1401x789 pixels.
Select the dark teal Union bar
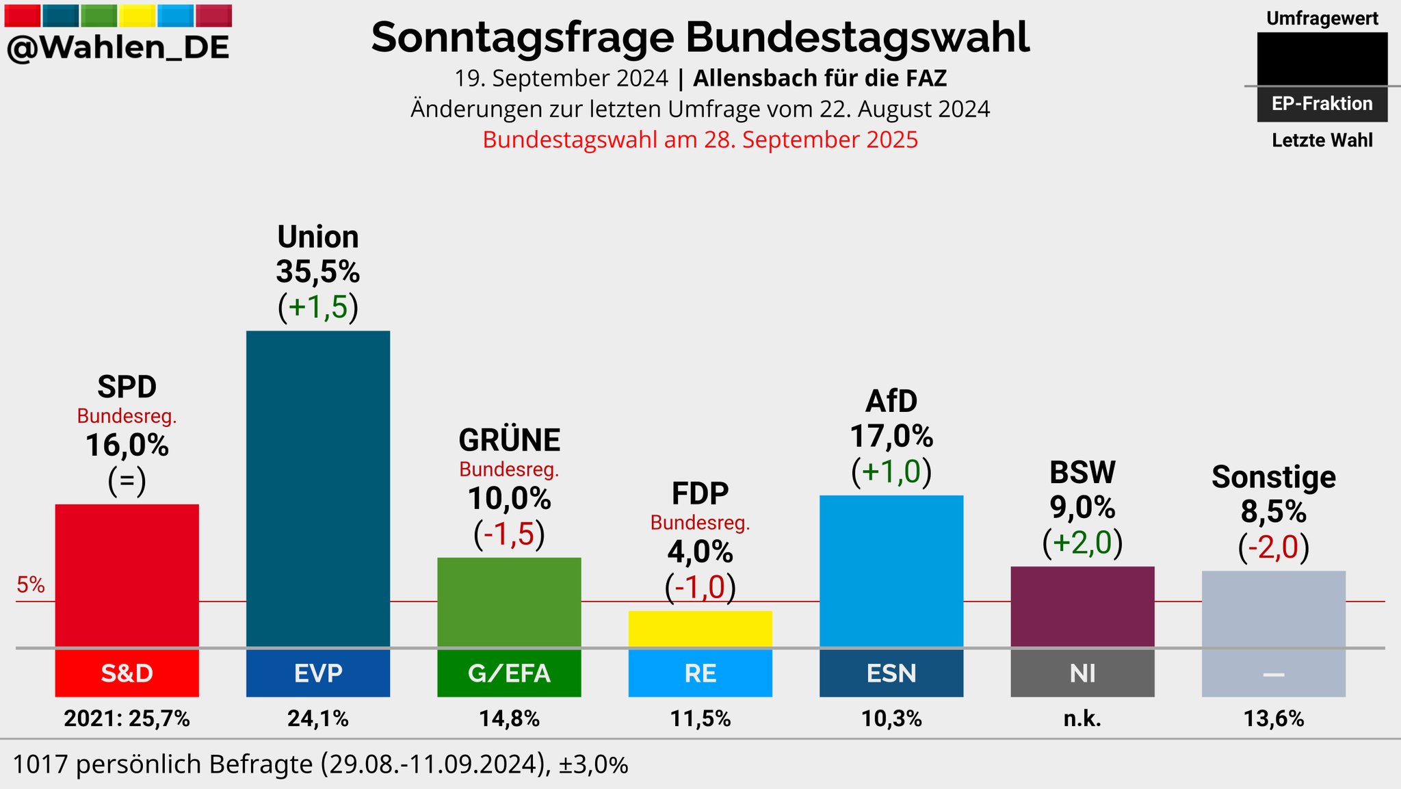point(318,489)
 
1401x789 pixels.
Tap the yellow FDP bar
point(700,628)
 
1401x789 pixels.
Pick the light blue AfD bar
point(891,571)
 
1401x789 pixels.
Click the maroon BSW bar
point(1082,606)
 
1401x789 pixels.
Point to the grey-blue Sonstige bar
point(1273,608)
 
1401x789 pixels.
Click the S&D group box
point(127,673)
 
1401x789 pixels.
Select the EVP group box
point(318,673)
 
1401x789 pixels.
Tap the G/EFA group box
point(509,673)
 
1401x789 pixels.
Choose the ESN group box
point(891,673)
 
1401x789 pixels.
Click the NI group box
point(1082,673)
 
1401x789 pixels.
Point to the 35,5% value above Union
point(318,272)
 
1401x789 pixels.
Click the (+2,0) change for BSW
point(1082,543)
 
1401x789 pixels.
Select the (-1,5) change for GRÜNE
point(509,534)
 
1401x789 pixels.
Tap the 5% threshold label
point(31,585)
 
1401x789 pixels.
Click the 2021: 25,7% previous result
point(127,719)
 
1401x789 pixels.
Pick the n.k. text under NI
point(1082,719)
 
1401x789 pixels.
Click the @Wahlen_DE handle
point(118,48)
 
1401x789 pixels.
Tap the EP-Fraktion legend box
point(1322,104)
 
